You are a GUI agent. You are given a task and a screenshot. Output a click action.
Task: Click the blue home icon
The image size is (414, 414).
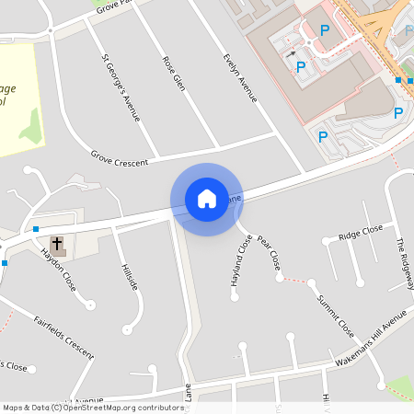[207, 198]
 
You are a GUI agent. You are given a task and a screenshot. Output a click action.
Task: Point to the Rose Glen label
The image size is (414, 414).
[174, 74]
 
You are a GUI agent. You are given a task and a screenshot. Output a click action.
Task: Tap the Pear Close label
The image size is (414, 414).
[270, 251]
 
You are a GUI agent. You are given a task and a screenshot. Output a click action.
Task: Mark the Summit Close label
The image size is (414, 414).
[336, 315]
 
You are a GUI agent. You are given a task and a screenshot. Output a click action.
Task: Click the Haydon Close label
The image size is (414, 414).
[59, 273]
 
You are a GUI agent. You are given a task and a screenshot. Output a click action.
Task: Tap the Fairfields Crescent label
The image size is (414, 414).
[63, 337]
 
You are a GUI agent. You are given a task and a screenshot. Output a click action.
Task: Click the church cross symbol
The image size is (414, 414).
[57, 245]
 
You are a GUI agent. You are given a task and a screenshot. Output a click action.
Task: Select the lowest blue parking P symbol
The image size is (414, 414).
[322, 137]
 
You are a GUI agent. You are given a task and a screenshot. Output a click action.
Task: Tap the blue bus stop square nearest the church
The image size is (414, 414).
[36, 228]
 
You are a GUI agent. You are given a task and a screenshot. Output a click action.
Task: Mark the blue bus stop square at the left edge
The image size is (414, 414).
[4, 263]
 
